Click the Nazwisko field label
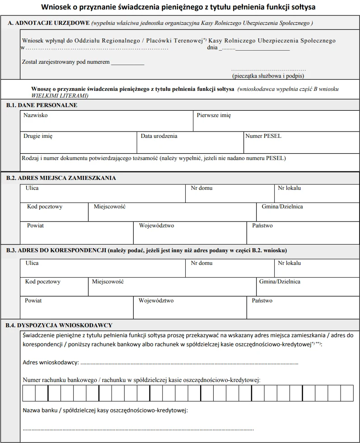coord(35,115)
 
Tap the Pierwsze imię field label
coord(214,115)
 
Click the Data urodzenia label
coord(159,136)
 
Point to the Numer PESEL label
coord(263,136)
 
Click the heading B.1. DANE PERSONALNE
coord(42,105)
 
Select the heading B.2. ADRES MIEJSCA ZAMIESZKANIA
coord(61,178)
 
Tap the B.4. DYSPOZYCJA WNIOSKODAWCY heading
coord(59,325)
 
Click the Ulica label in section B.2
coord(32,188)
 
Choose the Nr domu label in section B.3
coord(201,263)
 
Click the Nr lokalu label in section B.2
coord(289,188)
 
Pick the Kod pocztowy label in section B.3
coord(43,282)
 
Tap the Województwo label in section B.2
coord(156,226)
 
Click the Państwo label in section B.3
coord(262,301)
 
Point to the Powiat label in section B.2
coord(35,226)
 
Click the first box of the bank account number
coord(29,393)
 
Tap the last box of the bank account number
coord(347,393)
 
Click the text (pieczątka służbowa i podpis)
coord(268,76)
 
